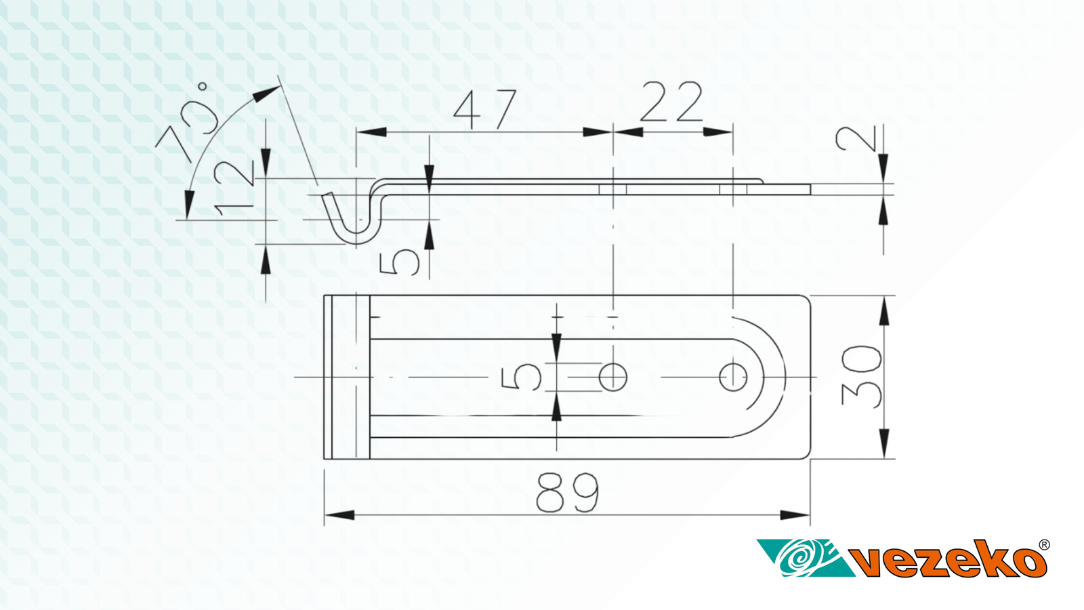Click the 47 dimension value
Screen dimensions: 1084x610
tap(485, 109)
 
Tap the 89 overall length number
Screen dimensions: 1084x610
tap(568, 492)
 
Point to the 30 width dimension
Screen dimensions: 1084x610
tap(862, 376)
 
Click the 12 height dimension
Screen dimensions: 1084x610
tap(234, 188)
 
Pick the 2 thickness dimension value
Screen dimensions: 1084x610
tap(856, 139)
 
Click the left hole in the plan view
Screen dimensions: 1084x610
tap(613, 377)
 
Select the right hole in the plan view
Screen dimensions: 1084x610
tap(733, 377)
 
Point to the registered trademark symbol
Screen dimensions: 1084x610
tap(1044, 545)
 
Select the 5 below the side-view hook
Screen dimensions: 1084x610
tap(399, 262)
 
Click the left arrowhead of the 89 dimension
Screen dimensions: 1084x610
tap(339, 515)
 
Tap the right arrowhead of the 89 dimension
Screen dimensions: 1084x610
tap(795, 515)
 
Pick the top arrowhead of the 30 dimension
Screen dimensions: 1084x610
tap(884, 311)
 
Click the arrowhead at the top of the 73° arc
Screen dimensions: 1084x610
tap(267, 93)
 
